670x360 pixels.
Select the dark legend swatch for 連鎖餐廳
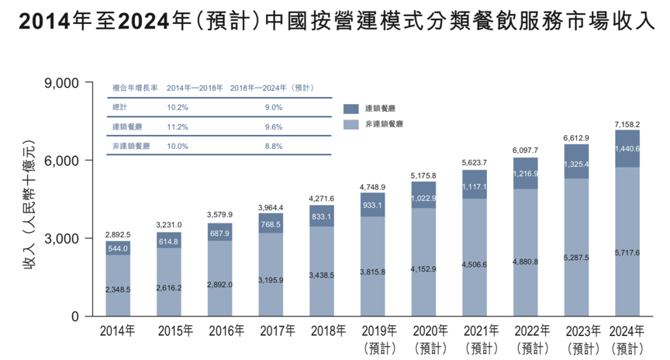pyautogui.click(x=350, y=109)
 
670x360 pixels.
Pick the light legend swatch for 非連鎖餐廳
pyautogui.click(x=350, y=124)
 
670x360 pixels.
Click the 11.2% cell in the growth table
pyautogui.click(x=178, y=126)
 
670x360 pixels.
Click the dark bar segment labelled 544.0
pyautogui.click(x=118, y=248)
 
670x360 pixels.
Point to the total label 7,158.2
pyautogui.click(x=627, y=124)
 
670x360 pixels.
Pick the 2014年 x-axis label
pyautogui.click(x=118, y=331)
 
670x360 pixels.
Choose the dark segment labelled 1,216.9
pyautogui.click(x=525, y=173)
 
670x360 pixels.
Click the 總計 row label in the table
pyautogui.click(x=120, y=107)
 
